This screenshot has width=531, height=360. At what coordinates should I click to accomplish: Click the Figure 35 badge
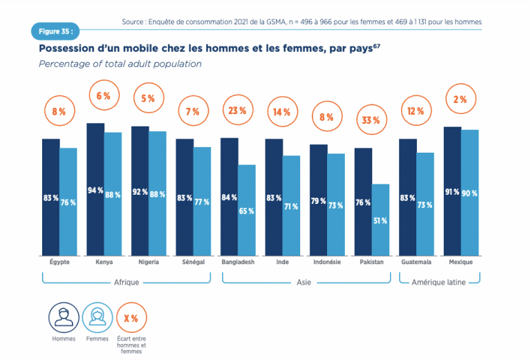coord(55,32)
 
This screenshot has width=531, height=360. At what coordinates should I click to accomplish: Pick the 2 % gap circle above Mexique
coord(460,99)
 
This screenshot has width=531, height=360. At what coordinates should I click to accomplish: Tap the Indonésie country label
coord(326,263)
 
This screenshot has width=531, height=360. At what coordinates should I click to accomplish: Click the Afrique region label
coord(126,282)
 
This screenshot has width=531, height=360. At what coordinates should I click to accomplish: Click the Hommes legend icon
coord(64,318)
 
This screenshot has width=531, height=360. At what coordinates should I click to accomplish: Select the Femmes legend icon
coord(97,318)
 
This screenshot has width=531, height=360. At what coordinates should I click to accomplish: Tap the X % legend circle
coord(131,318)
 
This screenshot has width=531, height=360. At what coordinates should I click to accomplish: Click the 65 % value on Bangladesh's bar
coord(246,211)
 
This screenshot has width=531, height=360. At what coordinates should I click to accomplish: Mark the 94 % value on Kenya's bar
coord(95,191)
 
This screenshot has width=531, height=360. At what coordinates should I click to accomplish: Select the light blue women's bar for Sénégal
coord(201,200)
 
